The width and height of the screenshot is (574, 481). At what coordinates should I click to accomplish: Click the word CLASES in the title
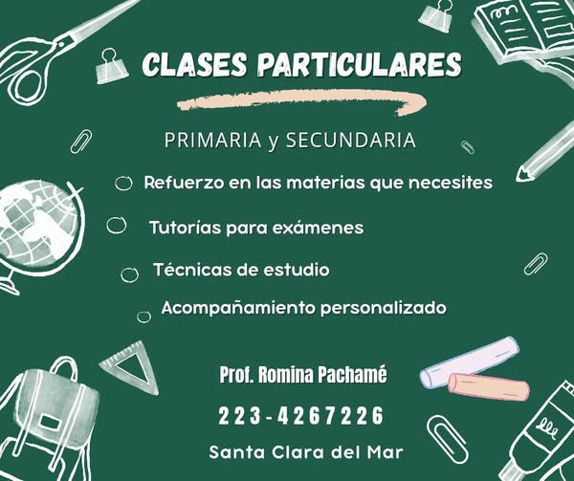point(194,64)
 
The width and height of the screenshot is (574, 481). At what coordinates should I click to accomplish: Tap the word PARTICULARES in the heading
point(359,64)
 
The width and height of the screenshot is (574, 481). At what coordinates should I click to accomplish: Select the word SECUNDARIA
point(351,141)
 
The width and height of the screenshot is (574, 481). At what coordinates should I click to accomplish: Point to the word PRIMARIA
point(212,141)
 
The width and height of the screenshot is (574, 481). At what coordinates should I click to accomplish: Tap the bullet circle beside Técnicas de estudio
point(129,274)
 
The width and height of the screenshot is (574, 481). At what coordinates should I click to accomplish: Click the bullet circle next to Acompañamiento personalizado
point(143,317)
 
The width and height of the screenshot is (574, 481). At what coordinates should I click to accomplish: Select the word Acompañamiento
point(238,308)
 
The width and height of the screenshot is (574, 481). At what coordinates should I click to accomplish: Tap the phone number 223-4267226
point(300,416)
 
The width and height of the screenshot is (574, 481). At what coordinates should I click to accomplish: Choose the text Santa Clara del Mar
point(306,452)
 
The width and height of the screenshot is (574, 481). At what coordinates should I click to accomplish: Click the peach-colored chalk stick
point(489,387)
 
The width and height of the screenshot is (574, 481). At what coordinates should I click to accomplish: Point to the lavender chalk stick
point(470,361)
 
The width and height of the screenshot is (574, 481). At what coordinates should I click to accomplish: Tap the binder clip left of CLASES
point(111,66)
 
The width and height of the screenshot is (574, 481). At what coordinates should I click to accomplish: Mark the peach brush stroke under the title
point(302,101)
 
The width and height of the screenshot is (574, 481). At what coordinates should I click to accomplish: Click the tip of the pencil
point(519,179)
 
